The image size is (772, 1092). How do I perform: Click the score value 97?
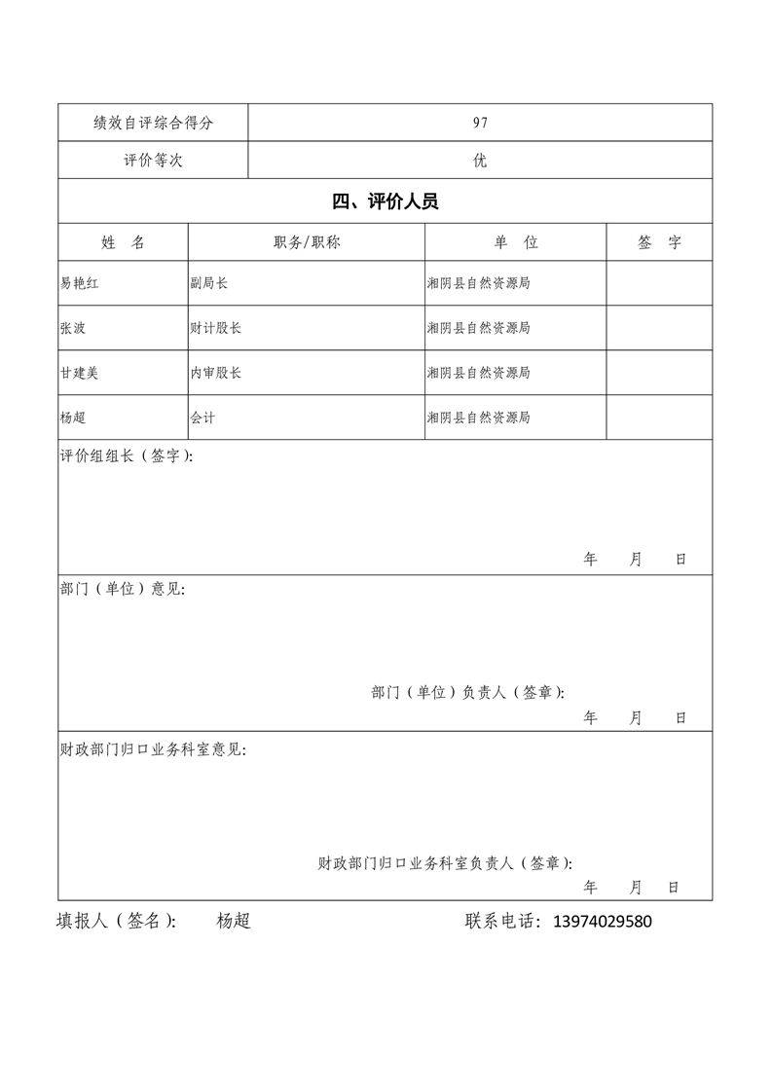pos(480,123)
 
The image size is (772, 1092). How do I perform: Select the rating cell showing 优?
pos(480,161)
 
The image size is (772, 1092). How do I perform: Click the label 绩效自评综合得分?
pos(153,123)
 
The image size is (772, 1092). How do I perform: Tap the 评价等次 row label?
pos(153,161)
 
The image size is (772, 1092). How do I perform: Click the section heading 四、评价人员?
pos(385,202)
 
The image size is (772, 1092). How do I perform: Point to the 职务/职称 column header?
pos(307,243)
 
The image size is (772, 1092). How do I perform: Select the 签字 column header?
pos(659,243)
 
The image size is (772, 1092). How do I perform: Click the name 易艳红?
pos(80,283)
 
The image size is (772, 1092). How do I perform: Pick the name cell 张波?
pos(73,328)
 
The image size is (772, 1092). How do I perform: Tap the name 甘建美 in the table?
pos(80,373)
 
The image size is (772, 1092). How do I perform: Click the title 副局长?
pos(209,283)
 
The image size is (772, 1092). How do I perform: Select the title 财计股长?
pos(216,328)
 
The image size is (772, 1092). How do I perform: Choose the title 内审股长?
pos(216,373)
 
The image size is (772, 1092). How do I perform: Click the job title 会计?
pos(202,418)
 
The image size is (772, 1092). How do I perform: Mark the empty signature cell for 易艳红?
pos(659,283)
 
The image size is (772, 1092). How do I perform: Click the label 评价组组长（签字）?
pos(127,456)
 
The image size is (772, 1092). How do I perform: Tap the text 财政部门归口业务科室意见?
pos(153,750)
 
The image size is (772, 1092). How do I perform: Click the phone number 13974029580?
pos(602,922)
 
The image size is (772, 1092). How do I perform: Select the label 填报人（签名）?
pos(116,922)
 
